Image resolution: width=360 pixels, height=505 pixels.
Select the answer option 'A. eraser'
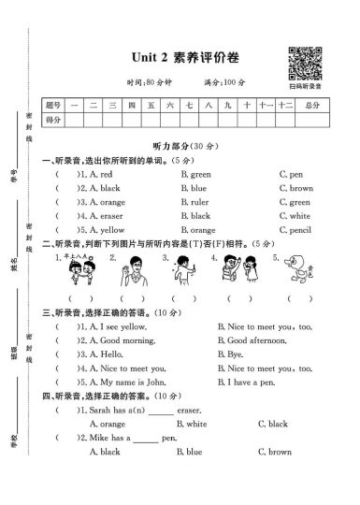coord(103,215)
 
